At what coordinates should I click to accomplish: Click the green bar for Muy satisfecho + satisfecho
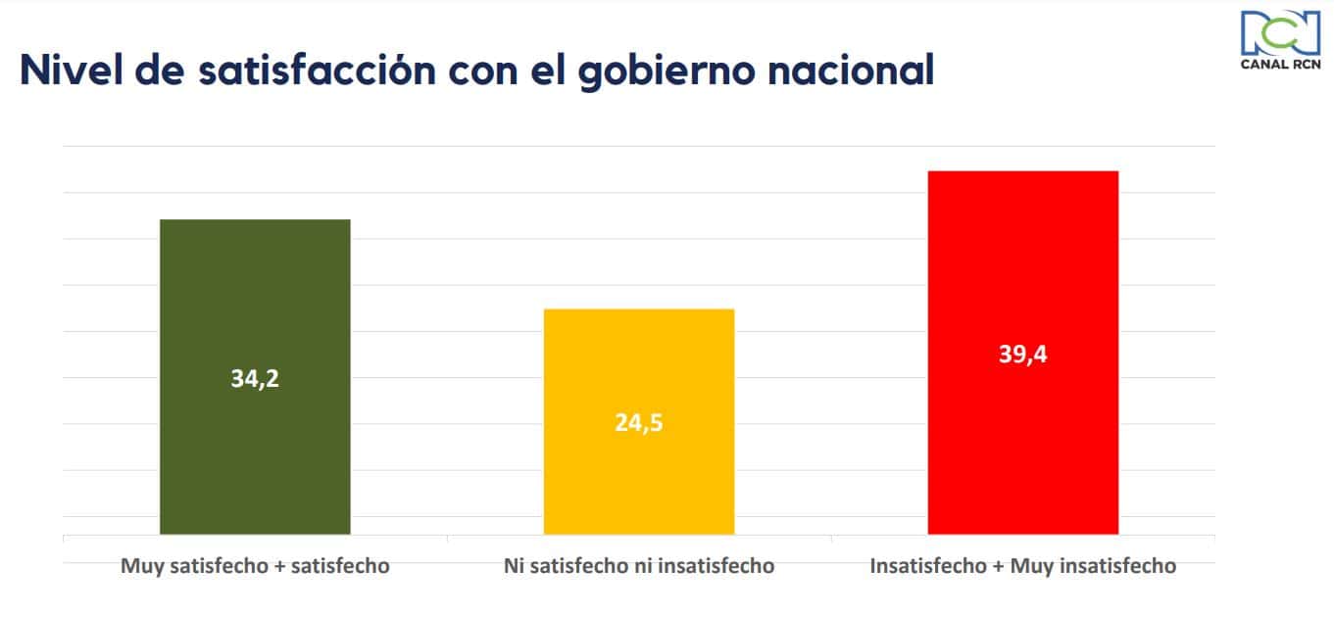pos(255,294)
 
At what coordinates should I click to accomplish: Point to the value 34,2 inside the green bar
pos(255,379)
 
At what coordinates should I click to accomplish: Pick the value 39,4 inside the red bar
pos(1022,355)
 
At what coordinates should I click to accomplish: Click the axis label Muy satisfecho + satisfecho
pos(255,566)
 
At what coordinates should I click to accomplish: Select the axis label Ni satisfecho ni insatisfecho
pos(638,566)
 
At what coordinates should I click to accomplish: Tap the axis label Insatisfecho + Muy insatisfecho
pos(1022,566)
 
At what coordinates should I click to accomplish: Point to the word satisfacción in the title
pos(324,71)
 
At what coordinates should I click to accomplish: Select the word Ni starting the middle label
pos(513,566)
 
